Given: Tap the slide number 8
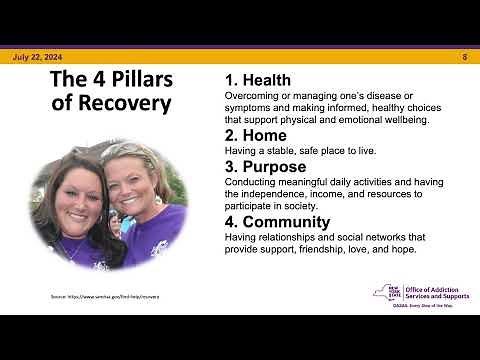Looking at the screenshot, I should [465, 58].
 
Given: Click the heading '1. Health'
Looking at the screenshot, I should [257, 80].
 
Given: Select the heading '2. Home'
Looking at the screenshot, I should [255, 135].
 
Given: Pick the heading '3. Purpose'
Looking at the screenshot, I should [265, 166].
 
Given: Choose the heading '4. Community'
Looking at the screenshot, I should [277, 221].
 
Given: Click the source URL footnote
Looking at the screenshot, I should [105, 297].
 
